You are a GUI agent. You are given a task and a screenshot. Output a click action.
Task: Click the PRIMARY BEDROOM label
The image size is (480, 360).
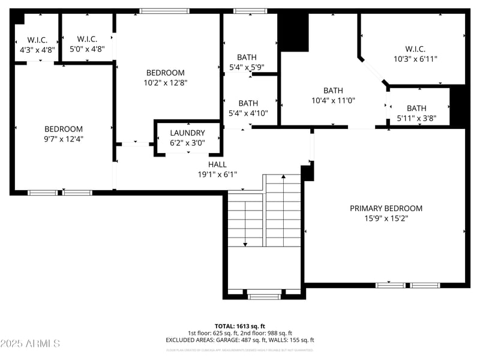tap(386, 208)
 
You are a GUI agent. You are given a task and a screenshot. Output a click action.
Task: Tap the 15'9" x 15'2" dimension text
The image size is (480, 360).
tap(386, 218)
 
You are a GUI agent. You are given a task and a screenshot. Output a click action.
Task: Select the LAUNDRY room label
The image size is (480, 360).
tap(187, 133)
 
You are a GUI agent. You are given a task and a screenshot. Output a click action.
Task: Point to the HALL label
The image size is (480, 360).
tap(217, 164)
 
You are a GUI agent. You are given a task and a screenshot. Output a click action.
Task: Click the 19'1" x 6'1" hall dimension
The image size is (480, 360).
tap(217, 174)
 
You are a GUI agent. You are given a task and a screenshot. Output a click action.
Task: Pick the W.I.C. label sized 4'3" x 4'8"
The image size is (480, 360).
tap(37, 40)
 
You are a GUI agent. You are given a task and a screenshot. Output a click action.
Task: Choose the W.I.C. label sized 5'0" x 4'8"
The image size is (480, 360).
tap(87, 40)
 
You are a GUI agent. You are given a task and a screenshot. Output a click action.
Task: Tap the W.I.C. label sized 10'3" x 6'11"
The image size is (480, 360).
tap(415, 49)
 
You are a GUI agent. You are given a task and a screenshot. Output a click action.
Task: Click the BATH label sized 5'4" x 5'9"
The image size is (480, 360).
tap(247, 58)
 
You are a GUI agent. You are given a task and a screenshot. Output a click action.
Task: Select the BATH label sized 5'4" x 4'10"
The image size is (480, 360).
tap(248, 103)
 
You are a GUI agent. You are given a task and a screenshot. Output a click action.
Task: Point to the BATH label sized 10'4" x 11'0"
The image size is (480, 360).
tap(333, 91)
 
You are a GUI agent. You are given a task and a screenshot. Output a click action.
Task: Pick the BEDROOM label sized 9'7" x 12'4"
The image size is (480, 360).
tap(63, 128)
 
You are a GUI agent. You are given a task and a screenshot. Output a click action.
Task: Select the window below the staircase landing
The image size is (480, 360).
tap(264, 296)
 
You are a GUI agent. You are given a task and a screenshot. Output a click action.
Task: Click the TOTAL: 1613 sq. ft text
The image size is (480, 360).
tap(239, 326)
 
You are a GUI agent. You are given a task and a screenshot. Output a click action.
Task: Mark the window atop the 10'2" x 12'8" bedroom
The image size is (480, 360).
tap(164, 11)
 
